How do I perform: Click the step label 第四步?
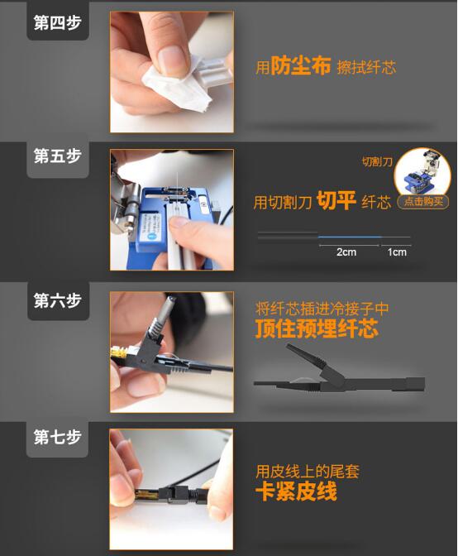point(57,22)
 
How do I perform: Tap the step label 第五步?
point(57,156)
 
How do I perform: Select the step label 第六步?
point(57,300)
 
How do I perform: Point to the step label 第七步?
point(57,437)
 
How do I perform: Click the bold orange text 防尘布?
point(301,65)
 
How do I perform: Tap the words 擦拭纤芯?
point(366,67)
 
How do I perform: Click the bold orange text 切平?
point(336,200)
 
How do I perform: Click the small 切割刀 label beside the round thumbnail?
point(377,162)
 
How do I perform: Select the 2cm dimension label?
point(346,252)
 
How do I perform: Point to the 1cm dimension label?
point(397,252)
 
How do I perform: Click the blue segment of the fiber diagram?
point(350,237)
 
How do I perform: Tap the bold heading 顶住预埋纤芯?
point(317,328)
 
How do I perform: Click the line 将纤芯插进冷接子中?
point(322,309)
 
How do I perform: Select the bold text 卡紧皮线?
point(296,491)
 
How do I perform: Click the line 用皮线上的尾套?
point(308,472)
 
